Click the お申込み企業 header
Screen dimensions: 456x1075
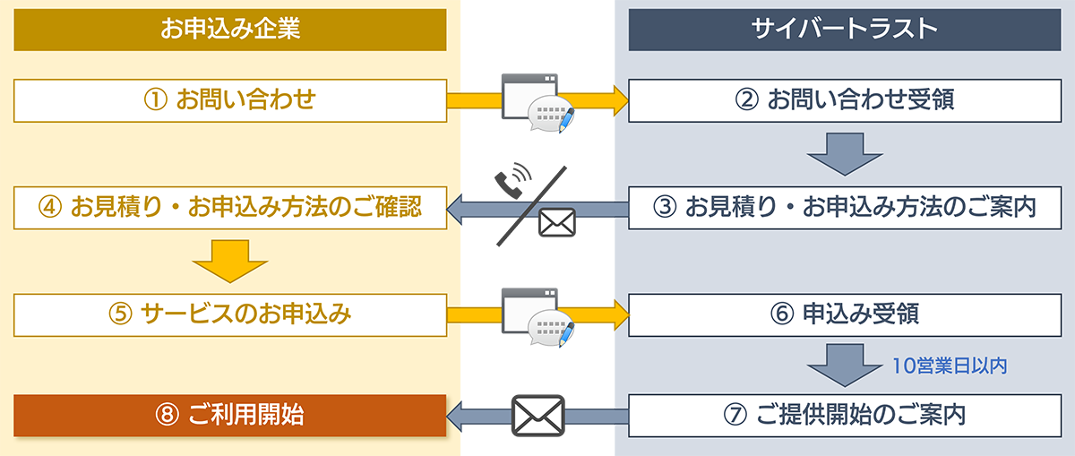tap(229, 30)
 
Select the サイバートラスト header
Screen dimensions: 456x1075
tap(844, 30)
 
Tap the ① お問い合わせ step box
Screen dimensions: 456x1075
tap(229, 100)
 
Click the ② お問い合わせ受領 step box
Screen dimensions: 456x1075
tap(844, 100)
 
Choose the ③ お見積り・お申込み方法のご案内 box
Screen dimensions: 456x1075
tap(844, 208)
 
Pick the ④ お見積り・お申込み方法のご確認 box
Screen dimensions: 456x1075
tap(229, 208)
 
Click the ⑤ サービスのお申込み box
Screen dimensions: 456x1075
tap(229, 314)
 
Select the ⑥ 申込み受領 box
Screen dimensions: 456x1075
tap(844, 314)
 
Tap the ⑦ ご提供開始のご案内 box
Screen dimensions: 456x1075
tap(844, 416)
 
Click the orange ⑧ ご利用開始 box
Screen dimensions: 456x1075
tap(229, 416)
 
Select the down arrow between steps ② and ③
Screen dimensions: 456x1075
tap(844, 153)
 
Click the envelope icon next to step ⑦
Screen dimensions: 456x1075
tap(537, 416)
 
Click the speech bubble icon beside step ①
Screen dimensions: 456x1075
tap(546, 114)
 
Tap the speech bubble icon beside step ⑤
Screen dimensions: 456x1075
tap(546, 328)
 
